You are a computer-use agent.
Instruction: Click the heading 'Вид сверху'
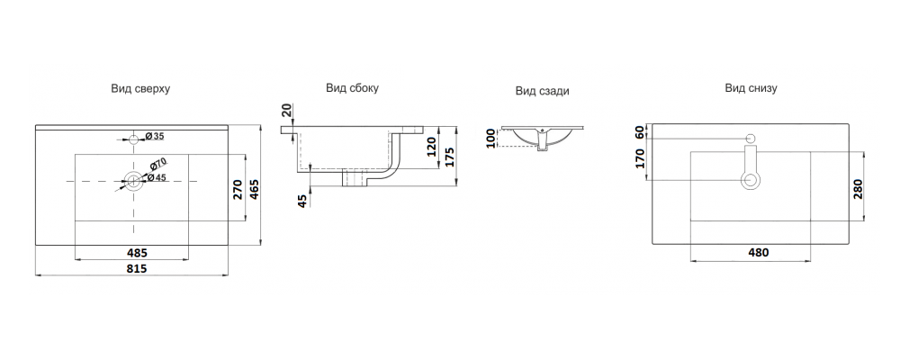[140, 89]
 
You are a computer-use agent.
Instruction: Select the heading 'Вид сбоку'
[353, 88]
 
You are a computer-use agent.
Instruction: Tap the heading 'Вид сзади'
[543, 91]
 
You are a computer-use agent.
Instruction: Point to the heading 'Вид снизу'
[751, 88]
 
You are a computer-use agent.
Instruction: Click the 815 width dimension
[136, 268]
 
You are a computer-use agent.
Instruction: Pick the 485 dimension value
[137, 252]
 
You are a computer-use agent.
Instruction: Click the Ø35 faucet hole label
[155, 136]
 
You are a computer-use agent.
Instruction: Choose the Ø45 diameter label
[156, 177]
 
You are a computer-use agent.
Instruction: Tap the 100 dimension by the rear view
[490, 139]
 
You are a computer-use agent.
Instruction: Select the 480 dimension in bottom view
[758, 252]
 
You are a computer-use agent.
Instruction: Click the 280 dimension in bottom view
[858, 188]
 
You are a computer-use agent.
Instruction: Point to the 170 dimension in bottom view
[641, 157]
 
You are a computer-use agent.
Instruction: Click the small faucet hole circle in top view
[134, 139]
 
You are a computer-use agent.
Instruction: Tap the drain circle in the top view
[133, 181]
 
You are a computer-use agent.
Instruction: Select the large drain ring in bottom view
[751, 181]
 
